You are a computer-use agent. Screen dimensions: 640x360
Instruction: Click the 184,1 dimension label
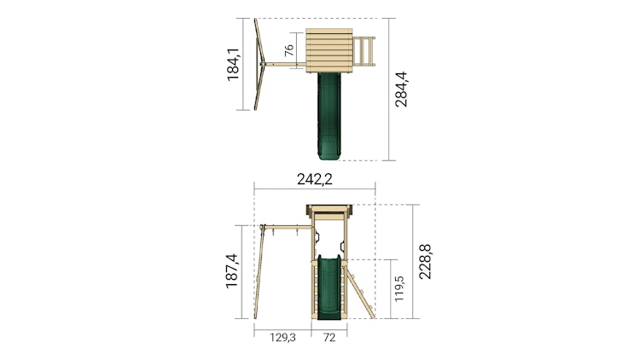click(x=233, y=64)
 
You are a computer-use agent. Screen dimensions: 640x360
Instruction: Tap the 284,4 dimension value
click(x=401, y=90)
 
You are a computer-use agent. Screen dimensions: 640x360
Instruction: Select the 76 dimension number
click(x=288, y=50)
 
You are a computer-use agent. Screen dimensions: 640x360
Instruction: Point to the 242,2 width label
click(x=314, y=179)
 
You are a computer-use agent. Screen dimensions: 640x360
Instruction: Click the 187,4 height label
click(x=231, y=271)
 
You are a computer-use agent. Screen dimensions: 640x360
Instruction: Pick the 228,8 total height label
click(x=425, y=262)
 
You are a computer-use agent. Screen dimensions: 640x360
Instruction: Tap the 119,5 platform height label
click(x=399, y=288)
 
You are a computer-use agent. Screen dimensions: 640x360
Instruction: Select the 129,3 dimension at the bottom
click(x=282, y=338)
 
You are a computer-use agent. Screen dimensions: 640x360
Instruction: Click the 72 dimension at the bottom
click(x=329, y=338)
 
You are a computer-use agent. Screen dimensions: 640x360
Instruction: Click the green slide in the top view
click(x=329, y=115)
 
